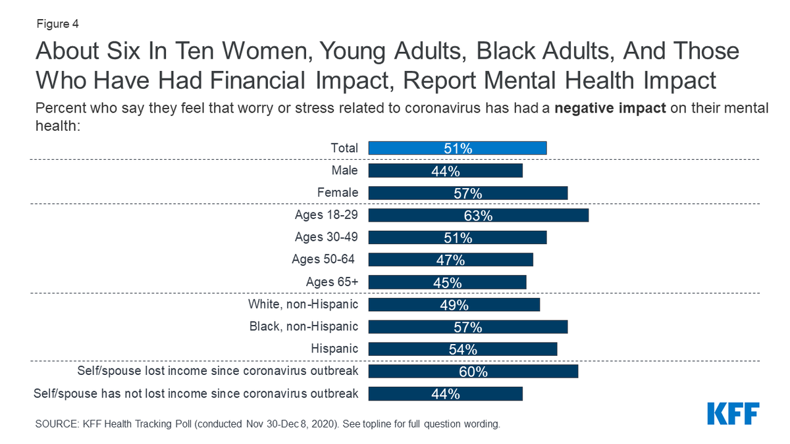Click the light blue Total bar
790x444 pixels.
pyautogui.click(x=458, y=149)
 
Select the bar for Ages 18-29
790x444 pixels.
pyautogui.click(x=478, y=215)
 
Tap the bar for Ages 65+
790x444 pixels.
pyautogui.click(x=447, y=282)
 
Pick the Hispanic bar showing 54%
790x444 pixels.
pyautogui.click(x=462, y=349)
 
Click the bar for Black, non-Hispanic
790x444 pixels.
pyautogui.click(x=467, y=327)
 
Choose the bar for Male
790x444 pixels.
pyautogui.click(x=445, y=171)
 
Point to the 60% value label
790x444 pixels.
pyautogui.click(x=473, y=372)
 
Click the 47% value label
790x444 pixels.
pyautogui.click(x=450, y=260)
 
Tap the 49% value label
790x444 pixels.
pyautogui.click(x=454, y=305)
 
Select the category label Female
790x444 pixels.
pyautogui.click(x=338, y=193)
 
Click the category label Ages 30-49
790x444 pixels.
pyautogui.click(x=326, y=237)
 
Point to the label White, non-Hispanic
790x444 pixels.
pyautogui.click(x=303, y=304)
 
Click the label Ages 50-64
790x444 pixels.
pyautogui.click(x=325, y=259)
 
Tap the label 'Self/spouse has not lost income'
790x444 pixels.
pyautogui.click(x=196, y=393)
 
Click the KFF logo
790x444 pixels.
pyautogui.click(x=733, y=414)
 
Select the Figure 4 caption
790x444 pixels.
pyautogui.click(x=57, y=25)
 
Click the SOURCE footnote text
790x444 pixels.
pyautogui.click(x=267, y=424)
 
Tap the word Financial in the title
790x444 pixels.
pyautogui.click(x=250, y=81)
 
